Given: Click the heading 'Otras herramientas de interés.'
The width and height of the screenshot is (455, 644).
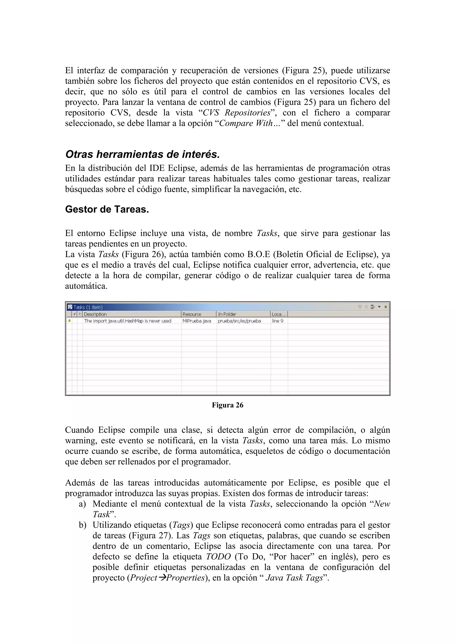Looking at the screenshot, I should pyautogui.click(x=142, y=154).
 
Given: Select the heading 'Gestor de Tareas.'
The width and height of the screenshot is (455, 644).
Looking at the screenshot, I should pyautogui.click(x=107, y=209).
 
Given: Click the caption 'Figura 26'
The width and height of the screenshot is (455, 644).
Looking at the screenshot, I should pyautogui.click(x=227, y=405).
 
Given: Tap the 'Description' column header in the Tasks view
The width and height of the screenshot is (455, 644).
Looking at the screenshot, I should pyautogui.click(x=95, y=314).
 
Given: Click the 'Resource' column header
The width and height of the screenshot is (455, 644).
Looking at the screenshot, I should pyautogui.click(x=192, y=314).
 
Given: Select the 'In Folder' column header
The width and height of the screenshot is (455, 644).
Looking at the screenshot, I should pyautogui.click(x=227, y=314).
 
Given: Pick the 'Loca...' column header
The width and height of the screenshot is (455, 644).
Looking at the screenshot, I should pyautogui.click(x=278, y=314).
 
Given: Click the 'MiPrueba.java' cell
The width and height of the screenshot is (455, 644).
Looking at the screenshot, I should pyautogui.click(x=197, y=321).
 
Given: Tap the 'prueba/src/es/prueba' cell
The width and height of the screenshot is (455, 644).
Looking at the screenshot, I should pyautogui.click(x=239, y=321).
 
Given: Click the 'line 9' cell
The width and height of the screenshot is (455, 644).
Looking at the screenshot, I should pyautogui.click(x=277, y=321).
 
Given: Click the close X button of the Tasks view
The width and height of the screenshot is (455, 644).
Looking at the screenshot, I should pyautogui.click(x=385, y=307).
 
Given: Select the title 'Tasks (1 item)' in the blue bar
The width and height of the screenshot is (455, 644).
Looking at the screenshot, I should pyautogui.click(x=88, y=307).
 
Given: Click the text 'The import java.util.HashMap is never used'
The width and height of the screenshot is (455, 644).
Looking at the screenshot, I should pyautogui.click(x=128, y=321).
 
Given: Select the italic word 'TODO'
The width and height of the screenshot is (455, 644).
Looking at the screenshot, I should pyautogui.click(x=218, y=557).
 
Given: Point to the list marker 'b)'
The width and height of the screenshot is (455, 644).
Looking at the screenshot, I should pyautogui.click(x=82, y=525).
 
